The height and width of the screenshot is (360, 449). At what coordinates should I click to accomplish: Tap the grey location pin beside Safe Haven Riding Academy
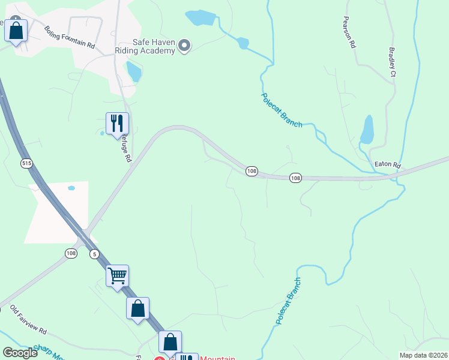click(x=184, y=46)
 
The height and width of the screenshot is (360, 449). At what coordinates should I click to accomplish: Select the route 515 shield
click(x=26, y=163)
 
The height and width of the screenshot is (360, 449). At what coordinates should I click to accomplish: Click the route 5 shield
click(x=94, y=254)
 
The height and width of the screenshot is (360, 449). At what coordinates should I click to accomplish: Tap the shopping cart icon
click(x=118, y=276)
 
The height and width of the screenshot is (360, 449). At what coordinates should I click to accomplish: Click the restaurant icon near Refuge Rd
click(x=117, y=124)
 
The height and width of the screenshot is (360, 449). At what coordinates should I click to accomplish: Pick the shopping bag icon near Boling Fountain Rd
click(x=16, y=30)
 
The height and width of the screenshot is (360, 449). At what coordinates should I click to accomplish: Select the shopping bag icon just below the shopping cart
click(x=137, y=308)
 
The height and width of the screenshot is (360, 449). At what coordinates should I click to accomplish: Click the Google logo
click(x=20, y=353)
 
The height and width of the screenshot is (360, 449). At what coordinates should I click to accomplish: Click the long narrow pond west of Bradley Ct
click(x=367, y=130)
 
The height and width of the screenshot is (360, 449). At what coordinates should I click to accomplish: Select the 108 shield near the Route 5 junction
click(x=71, y=253)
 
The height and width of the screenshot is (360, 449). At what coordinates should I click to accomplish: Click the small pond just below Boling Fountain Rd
click(x=134, y=71)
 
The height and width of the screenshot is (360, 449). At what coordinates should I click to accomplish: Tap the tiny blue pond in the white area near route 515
click(x=71, y=188)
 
